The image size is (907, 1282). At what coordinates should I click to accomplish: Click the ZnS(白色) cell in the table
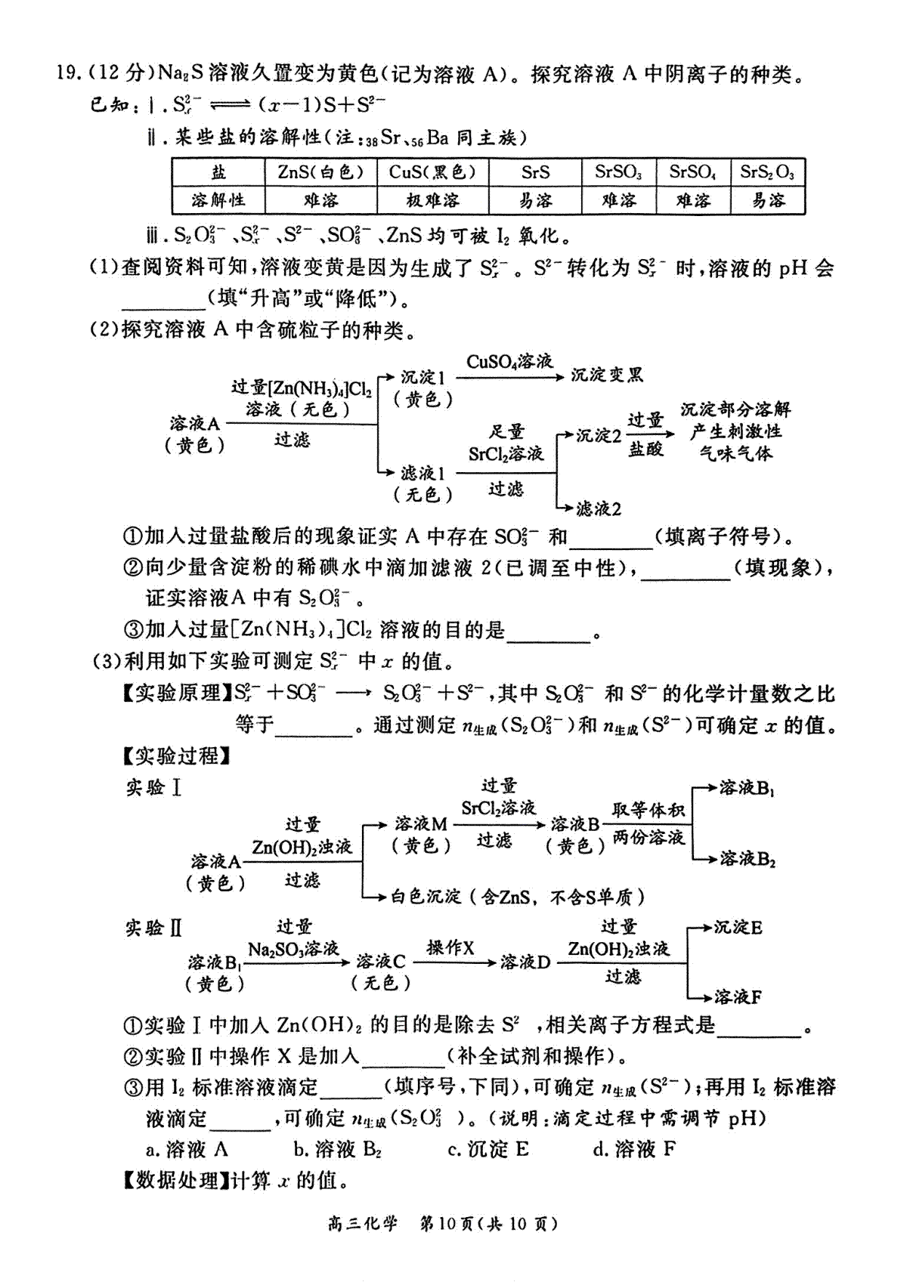[x=320, y=171]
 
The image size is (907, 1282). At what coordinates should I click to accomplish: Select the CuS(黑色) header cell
[x=433, y=171]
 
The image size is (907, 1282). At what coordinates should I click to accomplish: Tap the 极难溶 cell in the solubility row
[x=433, y=200]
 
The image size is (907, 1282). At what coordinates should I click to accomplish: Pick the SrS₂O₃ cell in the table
[x=767, y=171]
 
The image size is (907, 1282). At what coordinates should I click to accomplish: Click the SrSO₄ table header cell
[x=693, y=171]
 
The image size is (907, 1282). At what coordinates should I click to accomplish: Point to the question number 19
[x=67, y=74]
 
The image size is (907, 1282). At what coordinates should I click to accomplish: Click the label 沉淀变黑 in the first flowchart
[x=607, y=375]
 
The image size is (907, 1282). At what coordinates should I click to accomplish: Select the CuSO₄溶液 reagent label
[x=509, y=362]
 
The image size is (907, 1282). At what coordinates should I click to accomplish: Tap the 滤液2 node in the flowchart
[x=599, y=508]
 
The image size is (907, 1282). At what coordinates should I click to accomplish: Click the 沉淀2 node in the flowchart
[x=599, y=436]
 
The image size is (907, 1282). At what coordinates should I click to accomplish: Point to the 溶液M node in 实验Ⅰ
[x=421, y=824]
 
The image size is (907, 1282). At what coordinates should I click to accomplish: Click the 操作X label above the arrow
[x=450, y=948]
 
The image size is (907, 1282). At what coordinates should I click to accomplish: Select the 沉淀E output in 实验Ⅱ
[x=738, y=927]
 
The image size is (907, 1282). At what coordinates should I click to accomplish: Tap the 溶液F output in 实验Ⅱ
[x=738, y=997]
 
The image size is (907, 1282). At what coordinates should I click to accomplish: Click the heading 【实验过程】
[x=176, y=757]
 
